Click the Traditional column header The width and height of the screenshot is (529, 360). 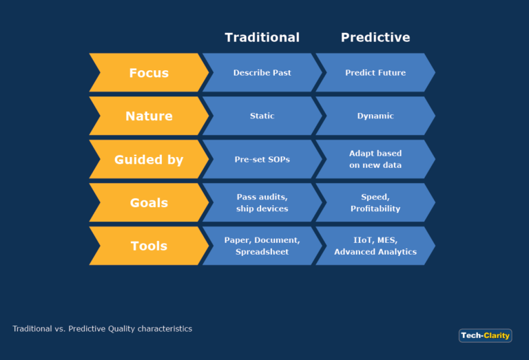click(x=262, y=38)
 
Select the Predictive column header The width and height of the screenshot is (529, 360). click(x=375, y=38)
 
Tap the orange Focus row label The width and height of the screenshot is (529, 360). click(x=149, y=73)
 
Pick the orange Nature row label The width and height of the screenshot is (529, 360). click(x=149, y=116)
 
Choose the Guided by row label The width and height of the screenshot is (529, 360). click(x=149, y=160)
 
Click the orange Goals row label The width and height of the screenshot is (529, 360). click(x=149, y=203)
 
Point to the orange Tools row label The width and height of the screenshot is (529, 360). click(x=149, y=246)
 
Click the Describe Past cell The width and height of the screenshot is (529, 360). click(x=262, y=73)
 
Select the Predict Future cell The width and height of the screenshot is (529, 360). click(x=375, y=73)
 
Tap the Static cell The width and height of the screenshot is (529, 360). click(x=262, y=116)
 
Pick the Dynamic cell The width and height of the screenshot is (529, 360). click(x=375, y=116)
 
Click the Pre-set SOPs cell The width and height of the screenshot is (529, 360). click(x=262, y=160)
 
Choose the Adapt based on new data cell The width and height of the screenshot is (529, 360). click(x=375, y=160)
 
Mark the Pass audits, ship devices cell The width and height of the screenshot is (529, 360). click(x=262, y=203)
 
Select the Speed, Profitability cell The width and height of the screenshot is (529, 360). click(x=375, y=203)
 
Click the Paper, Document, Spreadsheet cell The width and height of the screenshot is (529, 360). click(x=262, y=246)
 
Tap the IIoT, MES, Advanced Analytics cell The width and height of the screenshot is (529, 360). click(x=375, y=246)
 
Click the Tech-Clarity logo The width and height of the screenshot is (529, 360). click(x=485, y=336)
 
